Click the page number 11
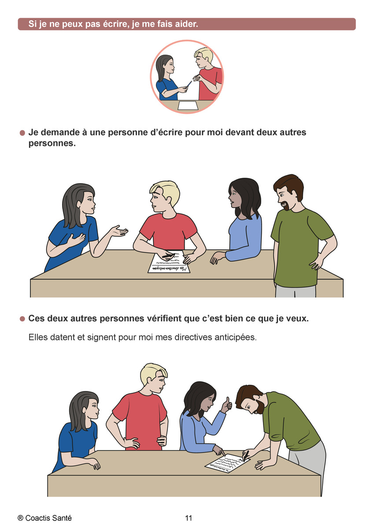pyautogui.click(x=189, y=518)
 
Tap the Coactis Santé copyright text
pyautogui.click(x=44, y=518)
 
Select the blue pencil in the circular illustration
pyautogui.click(x=189, y=84)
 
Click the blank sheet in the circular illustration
pyautogui.click(x=188, y=105)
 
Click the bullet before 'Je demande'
pyautogui.click(x=22, y=133)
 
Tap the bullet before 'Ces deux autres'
pyautogui.click(x=22, y=319)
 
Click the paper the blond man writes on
pyautogui.click(x=169, y=262)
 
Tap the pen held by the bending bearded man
pyautogui.click(x=245, y=456)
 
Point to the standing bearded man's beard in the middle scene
pyautogui.click(x=286, y=206)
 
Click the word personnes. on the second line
pyautogui.click(x=52, y=144)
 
